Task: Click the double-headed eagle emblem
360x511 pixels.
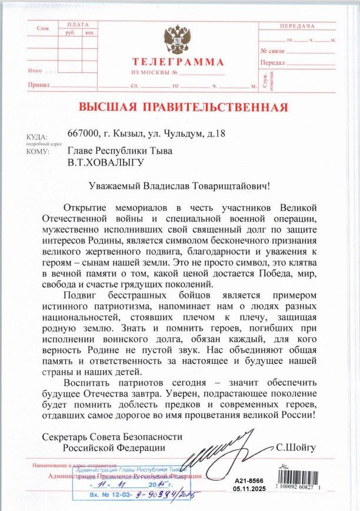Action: coord(176,39)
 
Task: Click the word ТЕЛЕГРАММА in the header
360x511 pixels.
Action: coord(178,62)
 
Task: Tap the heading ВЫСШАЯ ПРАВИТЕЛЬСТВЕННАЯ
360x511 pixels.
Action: coord(184,107)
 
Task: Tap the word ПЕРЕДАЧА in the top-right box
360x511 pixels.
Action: coord(298,26)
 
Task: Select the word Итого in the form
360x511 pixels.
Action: coord(36,71)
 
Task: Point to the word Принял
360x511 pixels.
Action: coord(38,86)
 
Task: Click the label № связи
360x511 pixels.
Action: coord(273,52)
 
